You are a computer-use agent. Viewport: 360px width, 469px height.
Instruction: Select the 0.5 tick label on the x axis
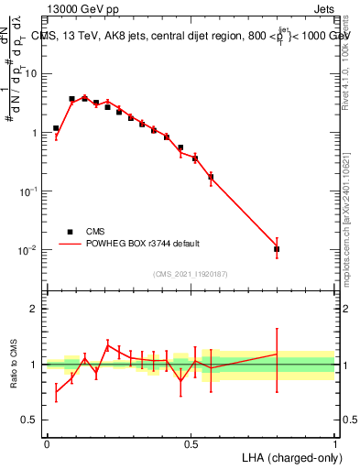coord(191,443)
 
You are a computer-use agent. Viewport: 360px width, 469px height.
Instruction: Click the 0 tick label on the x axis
coord(47,443)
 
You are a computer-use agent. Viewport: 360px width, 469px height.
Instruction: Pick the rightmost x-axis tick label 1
coord(334,443)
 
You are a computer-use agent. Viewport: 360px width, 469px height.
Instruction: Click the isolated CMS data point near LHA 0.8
coord(277,249)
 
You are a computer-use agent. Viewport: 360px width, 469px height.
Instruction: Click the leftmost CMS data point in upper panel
coord(56,128)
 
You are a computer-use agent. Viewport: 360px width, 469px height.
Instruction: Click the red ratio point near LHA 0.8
coord(277,354)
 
